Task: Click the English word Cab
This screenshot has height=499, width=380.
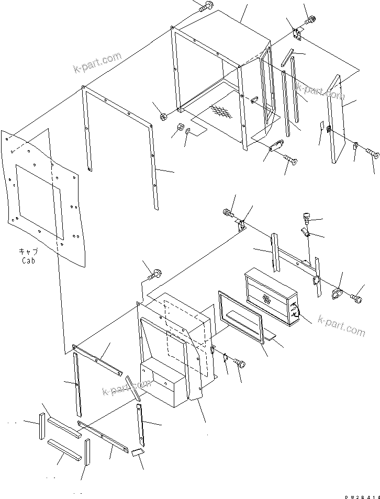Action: point(28,260)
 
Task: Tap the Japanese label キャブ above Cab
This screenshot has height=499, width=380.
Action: point(28,251)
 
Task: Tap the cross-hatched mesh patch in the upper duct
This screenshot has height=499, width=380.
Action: point(219,111)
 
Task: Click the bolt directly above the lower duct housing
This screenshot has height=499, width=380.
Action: point(155,273)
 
